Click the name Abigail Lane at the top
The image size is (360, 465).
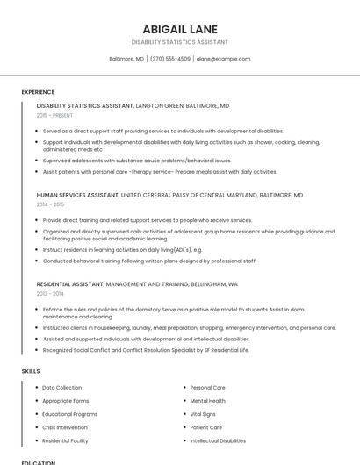click(x=180, y=29)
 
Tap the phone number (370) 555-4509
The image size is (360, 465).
click(x=169, y=59)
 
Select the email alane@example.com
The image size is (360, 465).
click(x=223, y=59)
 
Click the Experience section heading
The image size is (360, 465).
click(x=38, y=92)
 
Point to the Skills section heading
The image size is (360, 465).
click(x=31, y=371)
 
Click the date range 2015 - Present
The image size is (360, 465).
click(x=54, y=115)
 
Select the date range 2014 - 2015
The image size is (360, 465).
click(x=50, y=204)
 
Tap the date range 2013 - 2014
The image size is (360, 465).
click(x=50, y=294)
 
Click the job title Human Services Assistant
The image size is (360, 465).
click(x=77, y=195)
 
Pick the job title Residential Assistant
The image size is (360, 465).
click(x=70, y=284)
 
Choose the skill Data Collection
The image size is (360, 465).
click(x=62, y=387)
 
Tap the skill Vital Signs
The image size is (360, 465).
click(x=203, y=414)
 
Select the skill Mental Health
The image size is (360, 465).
click(x=207, y=400)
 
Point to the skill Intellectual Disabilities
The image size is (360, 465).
click(x=218, y=440)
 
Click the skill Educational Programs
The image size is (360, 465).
click(x=70, y=414)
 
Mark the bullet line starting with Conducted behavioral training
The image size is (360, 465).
click(x=149, y=261)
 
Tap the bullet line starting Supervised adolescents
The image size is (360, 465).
click(x=137, y=161)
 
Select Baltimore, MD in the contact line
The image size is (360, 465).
click(x=126, y=59)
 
